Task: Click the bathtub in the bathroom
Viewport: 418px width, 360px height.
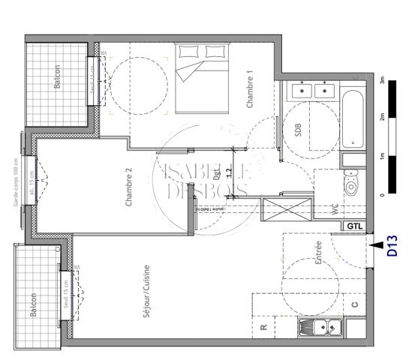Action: [x=353, y=121]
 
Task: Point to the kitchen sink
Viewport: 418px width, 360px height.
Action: [x=320, y=328]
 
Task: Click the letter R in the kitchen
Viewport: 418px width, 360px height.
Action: [x=263, y=328]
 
